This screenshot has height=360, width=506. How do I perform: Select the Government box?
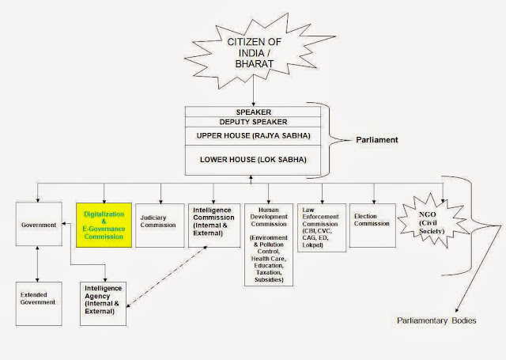(x=39, y=225)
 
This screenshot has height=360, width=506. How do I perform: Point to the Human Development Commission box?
(x=269, y=244)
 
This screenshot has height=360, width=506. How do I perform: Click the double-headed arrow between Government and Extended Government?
(x=39, y=262)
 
